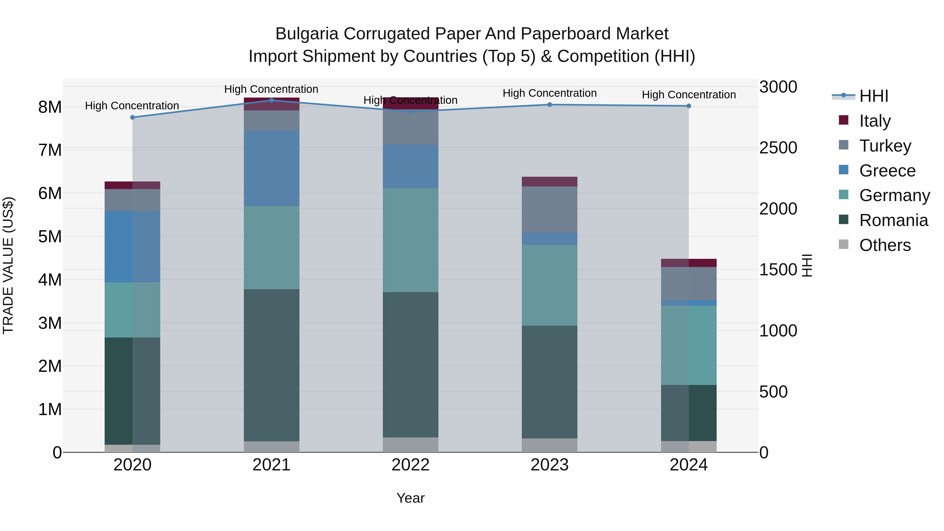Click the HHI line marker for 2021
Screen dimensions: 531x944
pyautogui.click(x=272, y=100)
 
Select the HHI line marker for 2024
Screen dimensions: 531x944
pyautogui.click(x=689, y=106)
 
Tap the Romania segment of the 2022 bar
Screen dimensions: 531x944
pyautogui.click(x=410, y=365)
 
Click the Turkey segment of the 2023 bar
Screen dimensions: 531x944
pyautogui.click(x=549, y=209)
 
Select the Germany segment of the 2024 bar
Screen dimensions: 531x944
pyautogui.click(x=689, y=345)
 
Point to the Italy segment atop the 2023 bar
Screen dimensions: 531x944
pyautogui.click(x=549, y=182)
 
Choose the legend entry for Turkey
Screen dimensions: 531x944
pyautogui.click(x=885, y=146)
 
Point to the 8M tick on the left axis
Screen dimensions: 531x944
pyautogui.click(x=50, y=107)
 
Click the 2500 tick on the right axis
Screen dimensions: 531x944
pyautogui.click(x=778, y=148)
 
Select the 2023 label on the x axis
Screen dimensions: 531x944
pyautogui.click(x=549, y=465)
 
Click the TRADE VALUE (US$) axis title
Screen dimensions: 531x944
pyautogui.click(x=8, y=265)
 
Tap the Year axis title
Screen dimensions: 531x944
pyautogui.click(x=410, y=498)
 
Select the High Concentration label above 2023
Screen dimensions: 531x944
pyautogui.click(x=549, y=93)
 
